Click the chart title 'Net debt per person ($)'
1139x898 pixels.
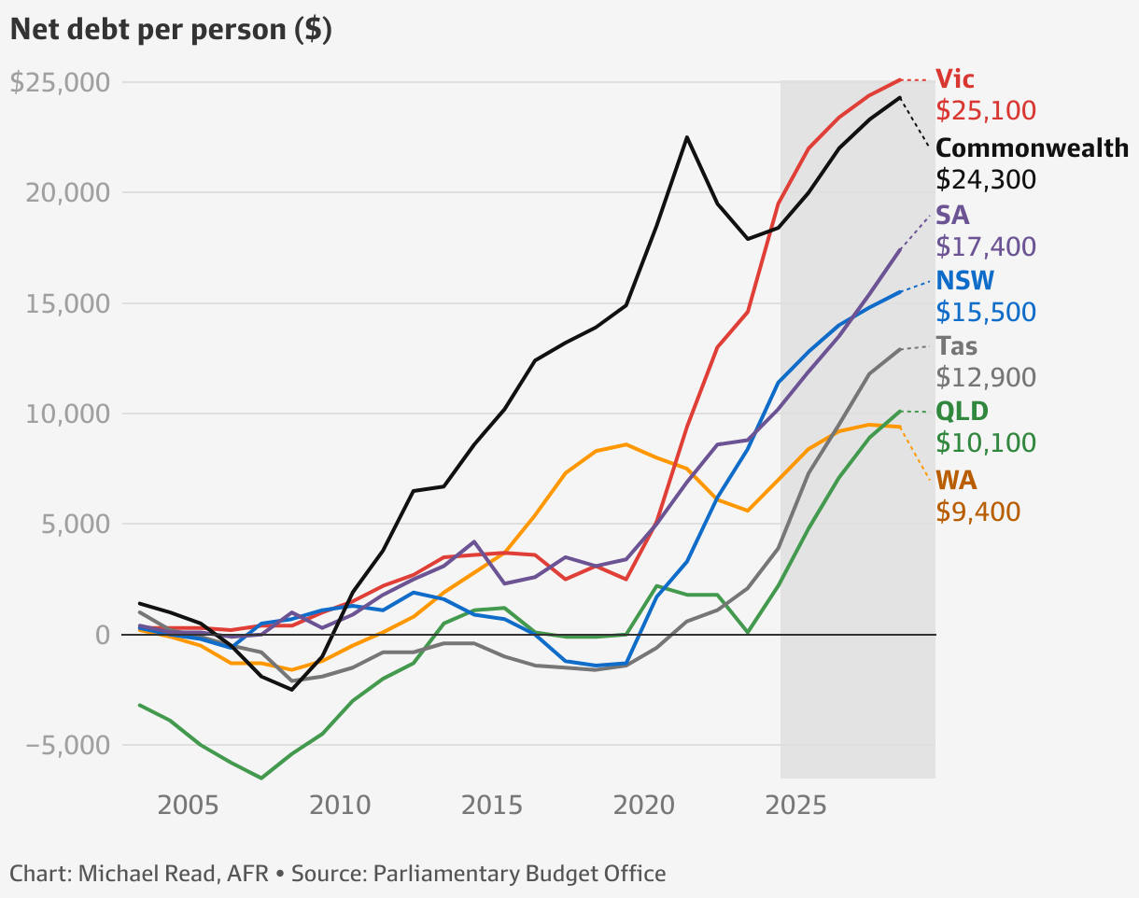pyautogui.click(x=171, y=30)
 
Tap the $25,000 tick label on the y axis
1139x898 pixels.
pyautogui.click(x=59, y=82)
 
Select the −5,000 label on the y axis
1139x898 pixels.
pyautogui.click(x=62, y=745)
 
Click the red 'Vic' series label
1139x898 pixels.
pyautogui.click(x=955, y=78)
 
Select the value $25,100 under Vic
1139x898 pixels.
pyautogui.click(x=986, y=111)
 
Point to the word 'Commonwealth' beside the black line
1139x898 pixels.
pyautogui.click(x=1032, y=147)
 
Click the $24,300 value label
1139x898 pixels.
pyautogui.click(x=986, y=179)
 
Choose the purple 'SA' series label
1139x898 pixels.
pyautogui.click(x=952, y=216)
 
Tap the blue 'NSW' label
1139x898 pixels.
pyautogui.click(x=965, y=280)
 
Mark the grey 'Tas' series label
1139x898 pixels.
pyautogui.click(x=957, y=346)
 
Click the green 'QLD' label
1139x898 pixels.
pyautogui.click(x=962, y=411)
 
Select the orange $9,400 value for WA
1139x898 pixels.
pyautogui.click(x=978, y=512)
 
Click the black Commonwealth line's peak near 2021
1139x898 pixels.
pyautogui.click(x=687, y=137)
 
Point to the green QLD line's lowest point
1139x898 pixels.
pyautogui.click(x=261, y=778)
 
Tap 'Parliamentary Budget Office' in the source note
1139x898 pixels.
pyautogui.click(x=520, y=875)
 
